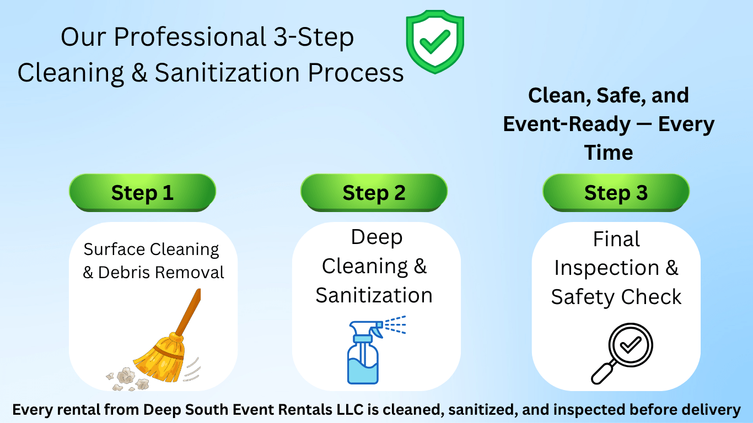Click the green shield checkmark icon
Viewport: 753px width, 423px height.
point(435,42)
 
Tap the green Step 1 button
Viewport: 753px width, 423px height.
point(142,192)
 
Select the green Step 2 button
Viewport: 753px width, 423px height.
point(374,192)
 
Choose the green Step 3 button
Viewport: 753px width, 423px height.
point(616,192)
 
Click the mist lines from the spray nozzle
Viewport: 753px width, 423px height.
point(395,325)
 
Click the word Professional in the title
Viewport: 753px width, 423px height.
point(191,37)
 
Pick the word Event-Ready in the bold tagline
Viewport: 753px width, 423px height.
point(559,124)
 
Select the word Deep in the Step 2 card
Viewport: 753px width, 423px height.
point(376,237)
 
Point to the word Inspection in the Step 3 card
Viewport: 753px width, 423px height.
point(606,268)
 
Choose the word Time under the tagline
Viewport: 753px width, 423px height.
point(609,152)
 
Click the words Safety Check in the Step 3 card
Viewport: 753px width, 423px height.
point(616,297)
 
